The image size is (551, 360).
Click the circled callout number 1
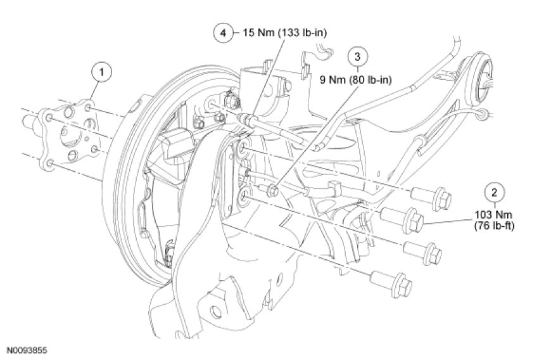tap(101, 72)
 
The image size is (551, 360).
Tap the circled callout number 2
tap(495, 192)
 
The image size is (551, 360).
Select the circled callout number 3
tap(357, 56)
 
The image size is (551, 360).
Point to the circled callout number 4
tap(224, 33)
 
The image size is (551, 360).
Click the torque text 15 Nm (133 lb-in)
tap(285, 33)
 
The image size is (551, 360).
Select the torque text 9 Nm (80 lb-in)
tap(356, 80)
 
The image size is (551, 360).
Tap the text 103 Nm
tap(493, 214)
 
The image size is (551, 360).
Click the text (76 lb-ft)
tap(494, 226)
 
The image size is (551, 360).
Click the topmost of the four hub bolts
tap(431, 197)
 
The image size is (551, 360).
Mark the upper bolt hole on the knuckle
tap(244, 148)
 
